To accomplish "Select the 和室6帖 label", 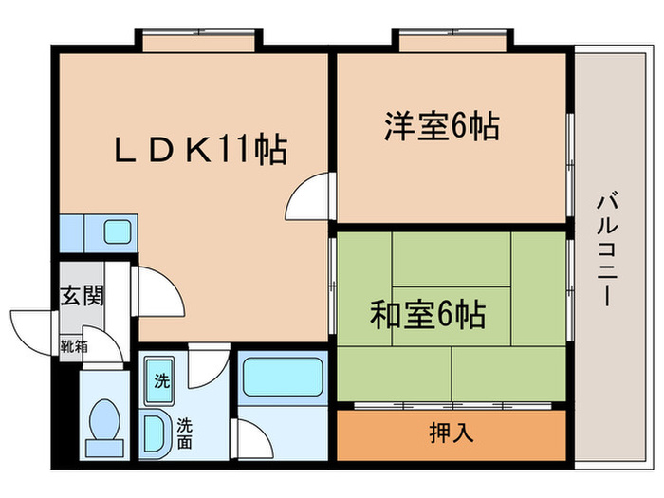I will point(428,313).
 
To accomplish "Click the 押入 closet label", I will point(452,433).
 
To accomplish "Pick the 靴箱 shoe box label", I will point(76,347).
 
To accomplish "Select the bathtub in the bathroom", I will point(280,377).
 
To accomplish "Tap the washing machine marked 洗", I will point(161,383).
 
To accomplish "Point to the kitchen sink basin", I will point(118,231).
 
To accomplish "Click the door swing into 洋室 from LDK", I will point(308,198).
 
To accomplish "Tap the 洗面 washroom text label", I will point(184,433).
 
